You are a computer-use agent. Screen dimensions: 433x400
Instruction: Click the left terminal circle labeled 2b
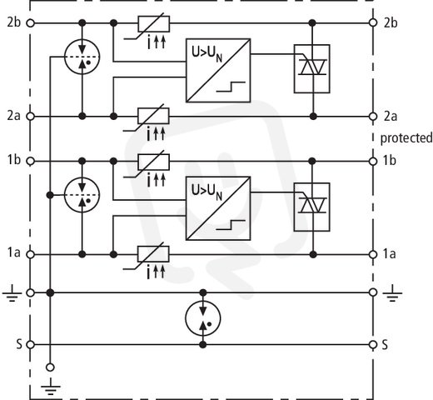31,23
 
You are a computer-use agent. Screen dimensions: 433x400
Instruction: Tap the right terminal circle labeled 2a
373,117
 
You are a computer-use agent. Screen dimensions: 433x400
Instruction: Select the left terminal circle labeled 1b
31,162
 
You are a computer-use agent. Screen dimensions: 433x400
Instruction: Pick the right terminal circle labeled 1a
373,254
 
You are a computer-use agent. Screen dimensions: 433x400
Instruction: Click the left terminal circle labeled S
31,345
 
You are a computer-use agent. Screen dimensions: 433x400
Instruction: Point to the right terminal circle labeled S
373,345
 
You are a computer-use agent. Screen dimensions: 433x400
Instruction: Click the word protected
406,138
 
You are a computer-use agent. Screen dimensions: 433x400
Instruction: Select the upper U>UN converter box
218,71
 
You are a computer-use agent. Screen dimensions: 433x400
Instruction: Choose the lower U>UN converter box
218,208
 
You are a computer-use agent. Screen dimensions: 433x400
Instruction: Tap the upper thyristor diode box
312,68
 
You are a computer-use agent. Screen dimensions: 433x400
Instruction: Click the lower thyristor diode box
312,207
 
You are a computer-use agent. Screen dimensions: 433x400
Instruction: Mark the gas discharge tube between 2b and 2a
82,57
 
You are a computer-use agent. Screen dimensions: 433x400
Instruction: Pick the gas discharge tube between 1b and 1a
82,195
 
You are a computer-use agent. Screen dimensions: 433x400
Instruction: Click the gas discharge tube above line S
203,318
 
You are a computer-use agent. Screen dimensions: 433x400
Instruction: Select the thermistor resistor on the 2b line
154,24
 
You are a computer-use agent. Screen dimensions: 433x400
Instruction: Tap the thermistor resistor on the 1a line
153,254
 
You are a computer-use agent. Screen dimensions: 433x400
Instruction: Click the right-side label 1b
390,161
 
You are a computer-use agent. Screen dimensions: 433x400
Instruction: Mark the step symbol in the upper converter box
231,87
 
